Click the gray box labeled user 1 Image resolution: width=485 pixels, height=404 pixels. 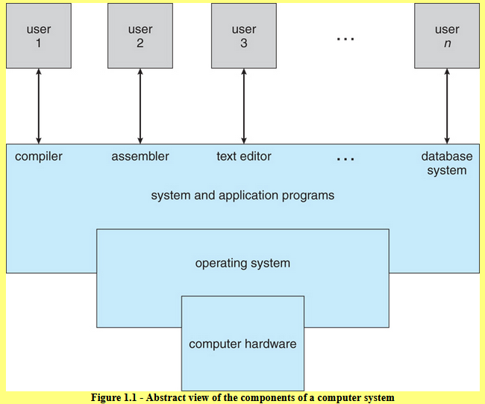39,36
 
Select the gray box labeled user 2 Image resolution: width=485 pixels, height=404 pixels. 140,36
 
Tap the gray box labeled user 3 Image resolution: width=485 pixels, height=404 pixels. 244,36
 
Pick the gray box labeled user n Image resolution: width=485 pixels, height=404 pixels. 447,36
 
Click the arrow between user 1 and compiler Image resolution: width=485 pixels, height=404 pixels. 39,106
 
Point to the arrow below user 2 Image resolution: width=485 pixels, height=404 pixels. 140,106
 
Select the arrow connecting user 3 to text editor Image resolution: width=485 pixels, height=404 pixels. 244,106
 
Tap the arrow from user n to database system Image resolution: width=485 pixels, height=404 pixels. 447,106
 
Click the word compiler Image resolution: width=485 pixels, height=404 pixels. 39,157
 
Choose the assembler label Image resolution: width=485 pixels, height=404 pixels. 140,156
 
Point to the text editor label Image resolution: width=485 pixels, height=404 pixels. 244,156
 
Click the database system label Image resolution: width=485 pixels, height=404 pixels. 447,164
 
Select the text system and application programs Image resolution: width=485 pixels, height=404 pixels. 242,196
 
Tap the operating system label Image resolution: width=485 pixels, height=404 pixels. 242,264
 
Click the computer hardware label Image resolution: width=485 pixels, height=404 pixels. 242,344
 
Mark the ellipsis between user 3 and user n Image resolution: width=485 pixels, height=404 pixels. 345,39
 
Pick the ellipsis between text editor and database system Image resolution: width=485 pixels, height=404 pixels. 345,159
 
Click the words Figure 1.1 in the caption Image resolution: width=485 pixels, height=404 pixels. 113,397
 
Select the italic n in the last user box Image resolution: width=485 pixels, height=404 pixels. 447,43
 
